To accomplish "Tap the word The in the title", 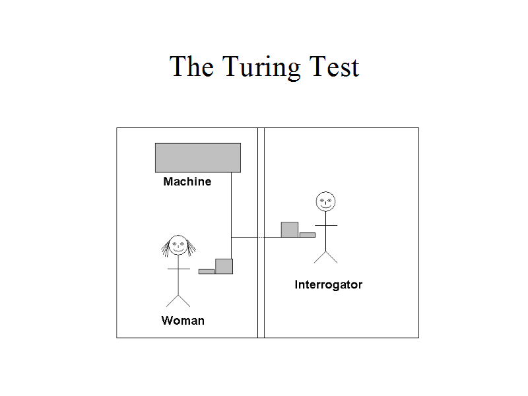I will coord(191,67).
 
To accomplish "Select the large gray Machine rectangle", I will coord(197,158).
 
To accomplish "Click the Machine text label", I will coord(187,181).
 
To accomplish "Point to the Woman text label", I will coord(183,321).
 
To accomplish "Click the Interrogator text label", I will coord(328,285).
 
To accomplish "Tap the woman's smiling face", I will coord(178,246).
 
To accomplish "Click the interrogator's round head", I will coord(325,201).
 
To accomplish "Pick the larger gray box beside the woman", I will coord(224,266).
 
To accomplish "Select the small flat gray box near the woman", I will coord(207,271).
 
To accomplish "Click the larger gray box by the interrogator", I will coord(290,229).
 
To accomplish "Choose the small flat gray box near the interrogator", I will coord(307,234).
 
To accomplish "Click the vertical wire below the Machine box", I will coord(232,205).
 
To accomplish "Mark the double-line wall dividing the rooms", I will coord(261,297).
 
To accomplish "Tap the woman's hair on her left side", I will coord(165,248).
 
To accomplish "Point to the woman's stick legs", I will coord(178,300).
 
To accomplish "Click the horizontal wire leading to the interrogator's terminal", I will coord(247,237).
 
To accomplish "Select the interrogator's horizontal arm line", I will coord(325,226).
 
